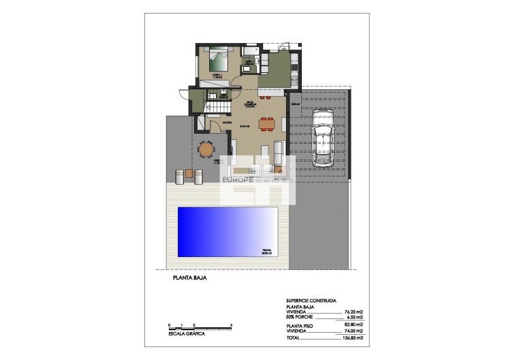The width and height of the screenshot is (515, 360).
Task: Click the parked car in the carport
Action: click(x=322, y=140)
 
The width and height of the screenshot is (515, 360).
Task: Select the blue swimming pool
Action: click(x=228, y=232)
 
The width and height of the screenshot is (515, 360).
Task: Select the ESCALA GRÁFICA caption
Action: click(x=187, y=333)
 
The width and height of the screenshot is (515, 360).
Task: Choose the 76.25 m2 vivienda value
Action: click(x=352, y=312)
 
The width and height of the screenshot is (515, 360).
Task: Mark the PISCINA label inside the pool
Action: click(x=267, y=251)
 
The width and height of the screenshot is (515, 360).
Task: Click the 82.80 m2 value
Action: click(x=352, y=327)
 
